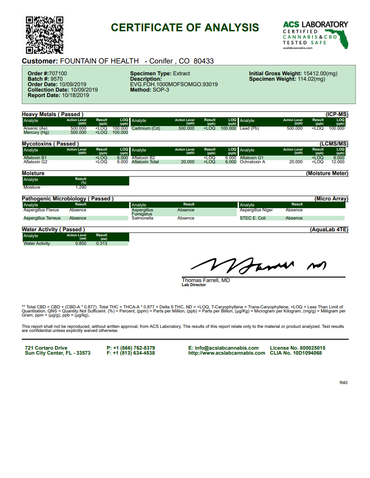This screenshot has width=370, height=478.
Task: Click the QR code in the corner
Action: tap(44, 35)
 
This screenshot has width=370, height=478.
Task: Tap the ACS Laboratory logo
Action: tap(315, 35)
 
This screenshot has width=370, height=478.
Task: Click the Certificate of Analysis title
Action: tap(185, 28)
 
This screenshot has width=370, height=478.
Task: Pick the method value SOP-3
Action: tap(161, 90)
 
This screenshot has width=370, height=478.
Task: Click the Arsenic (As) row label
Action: tap(35, 128)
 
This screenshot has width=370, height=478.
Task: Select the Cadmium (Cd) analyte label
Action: tap(146, 128)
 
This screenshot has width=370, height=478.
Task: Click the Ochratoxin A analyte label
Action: tap(253, 161)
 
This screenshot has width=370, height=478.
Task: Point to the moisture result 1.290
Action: tap(81, 187)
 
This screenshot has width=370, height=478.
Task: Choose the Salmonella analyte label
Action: tap(142, 218)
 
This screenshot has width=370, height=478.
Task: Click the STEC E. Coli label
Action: tap(253, 218)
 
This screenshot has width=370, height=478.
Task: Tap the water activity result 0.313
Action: tap(102, 244)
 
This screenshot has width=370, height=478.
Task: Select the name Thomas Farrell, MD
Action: tap(206, 280)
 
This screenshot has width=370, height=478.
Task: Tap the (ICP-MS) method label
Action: tap(336, 114)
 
